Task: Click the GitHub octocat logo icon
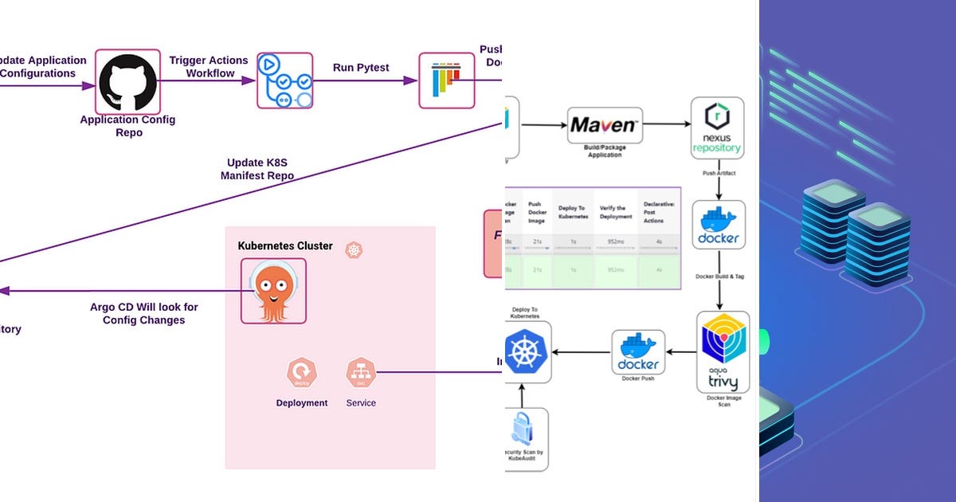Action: (127, 82)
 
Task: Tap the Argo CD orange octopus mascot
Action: (273, 291)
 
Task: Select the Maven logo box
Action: (604, 125)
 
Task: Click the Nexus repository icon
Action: (717, 127)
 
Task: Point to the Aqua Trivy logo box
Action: (723, 351)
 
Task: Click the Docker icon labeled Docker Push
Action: (638, 353)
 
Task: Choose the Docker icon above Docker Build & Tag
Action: (719, 225)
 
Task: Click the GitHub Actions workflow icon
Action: (284, 80)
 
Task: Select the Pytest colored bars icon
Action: (446, 80)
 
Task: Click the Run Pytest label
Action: (361, 68)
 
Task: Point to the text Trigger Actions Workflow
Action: (209, 67)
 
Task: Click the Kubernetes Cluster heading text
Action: (285, 245)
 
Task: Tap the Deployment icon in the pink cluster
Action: (302, 372)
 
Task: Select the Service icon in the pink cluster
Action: (360, 372)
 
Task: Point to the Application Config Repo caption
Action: (127, 126)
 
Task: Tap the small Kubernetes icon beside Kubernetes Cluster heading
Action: (355, 250)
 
